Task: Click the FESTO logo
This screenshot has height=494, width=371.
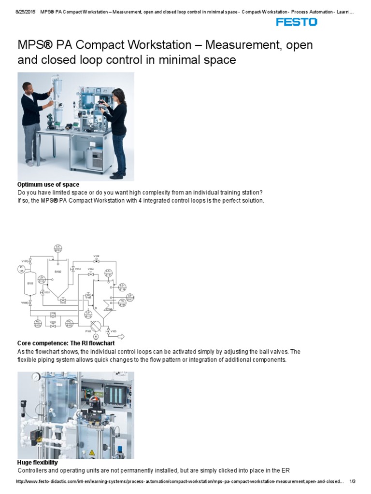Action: tap(296, 22)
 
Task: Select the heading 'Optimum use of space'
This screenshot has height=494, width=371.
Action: tap(48, 185)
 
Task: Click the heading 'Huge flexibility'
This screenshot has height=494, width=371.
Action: tap(37, 463)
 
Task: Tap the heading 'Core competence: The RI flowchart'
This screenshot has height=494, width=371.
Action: tap(66, 343)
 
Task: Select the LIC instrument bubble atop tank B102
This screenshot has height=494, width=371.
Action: tap(58, 248)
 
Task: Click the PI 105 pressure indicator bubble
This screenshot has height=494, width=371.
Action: tap(21, 269)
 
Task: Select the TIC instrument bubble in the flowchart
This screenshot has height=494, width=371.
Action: tap(122, 303)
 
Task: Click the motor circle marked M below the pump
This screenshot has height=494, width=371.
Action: tap(95, 336)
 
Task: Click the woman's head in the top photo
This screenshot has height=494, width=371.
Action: tap(116, 93)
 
